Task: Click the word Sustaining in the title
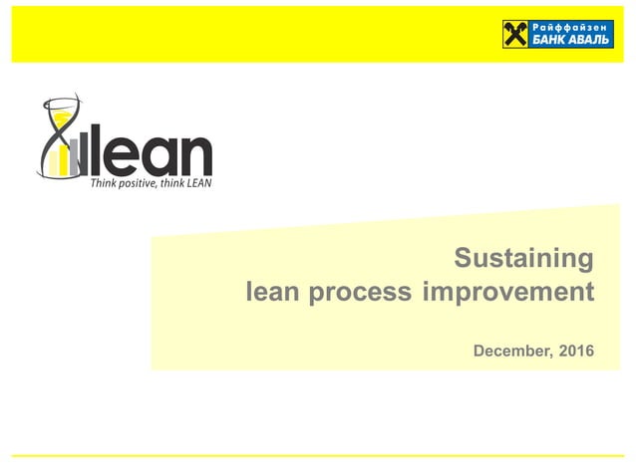(x=523, y=259)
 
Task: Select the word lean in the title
(x=273, y=293)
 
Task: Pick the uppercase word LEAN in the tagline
(x=199, y=183)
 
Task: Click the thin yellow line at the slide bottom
(x=318, y=456)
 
